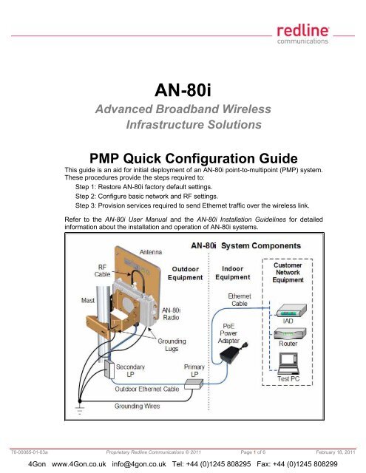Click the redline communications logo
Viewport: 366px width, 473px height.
(x=302, y=35)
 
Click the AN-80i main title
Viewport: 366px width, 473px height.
(x=183, y=90)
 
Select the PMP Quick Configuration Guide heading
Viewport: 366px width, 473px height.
(x=194, y=158)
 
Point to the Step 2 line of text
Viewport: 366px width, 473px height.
(x=146, y=197)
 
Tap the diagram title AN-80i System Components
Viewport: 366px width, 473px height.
(x=246, y=245)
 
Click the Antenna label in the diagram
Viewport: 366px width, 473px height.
(x=151, y=252)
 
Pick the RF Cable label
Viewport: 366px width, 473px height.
(x=102, y=270)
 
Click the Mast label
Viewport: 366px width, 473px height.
(x=88, y=301)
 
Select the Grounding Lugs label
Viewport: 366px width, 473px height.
(x=172, y=345)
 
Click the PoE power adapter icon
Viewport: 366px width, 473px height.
(x=233, y=353)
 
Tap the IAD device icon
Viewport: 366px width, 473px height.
(x=291, y=310)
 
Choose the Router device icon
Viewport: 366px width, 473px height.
(x=290, y=333)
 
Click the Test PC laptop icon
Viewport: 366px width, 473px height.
(x=288, y=363)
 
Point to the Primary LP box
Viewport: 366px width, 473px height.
(x=194, y=384)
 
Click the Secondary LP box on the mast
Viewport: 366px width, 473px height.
(x=109, y=370)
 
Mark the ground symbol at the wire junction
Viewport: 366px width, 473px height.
(x=80, y=409)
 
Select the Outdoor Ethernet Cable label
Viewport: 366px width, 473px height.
(x=147, y=389)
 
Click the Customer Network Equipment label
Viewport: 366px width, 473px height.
(x=288, y=273)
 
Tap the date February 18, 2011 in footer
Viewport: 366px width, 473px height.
(x=336, y=452)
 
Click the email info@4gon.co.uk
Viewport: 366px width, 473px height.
(x=139, y=463)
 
